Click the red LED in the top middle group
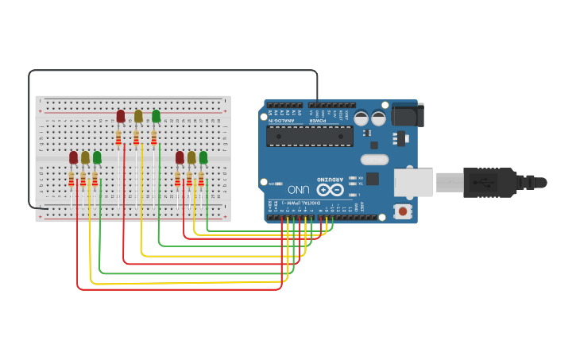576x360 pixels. tap(121, 116)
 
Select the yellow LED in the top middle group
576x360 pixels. tap(138, 116)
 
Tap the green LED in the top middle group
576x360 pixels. tap(156, 116)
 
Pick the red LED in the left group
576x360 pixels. tap(74, 157)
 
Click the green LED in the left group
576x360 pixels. tap(97, 157)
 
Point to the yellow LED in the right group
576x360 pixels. tap(191, 157)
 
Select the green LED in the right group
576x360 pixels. tap(203, 157)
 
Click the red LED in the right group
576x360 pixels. tap(180, 157)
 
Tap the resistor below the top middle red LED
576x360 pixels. tap(119, 140)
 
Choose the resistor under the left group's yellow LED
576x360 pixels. tap(83, 180)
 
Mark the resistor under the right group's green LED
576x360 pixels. tap(201, 180)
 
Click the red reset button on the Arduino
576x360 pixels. tap(403, 211)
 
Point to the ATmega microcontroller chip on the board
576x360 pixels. tap(309, 136)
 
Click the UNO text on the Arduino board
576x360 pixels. tap(298, 190)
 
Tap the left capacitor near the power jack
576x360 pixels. tap(361, 118)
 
